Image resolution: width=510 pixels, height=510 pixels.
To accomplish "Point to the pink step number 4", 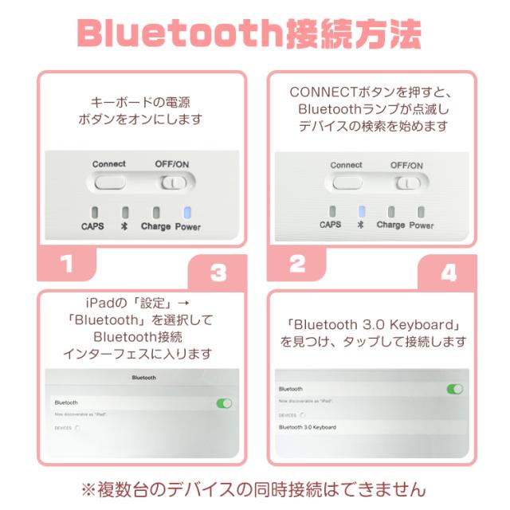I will (449, 274).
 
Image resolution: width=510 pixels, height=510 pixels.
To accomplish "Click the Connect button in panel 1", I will (108, 182).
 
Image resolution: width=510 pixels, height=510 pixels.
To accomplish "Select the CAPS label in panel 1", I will (92, 226).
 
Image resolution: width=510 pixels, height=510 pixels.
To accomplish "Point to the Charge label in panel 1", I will (156, 226).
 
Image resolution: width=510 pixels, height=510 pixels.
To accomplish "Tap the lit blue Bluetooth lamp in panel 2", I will (362, 211).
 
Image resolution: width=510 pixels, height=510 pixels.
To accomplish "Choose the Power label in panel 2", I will (422, 226).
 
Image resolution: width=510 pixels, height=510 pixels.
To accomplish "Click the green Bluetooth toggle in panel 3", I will (224, 403).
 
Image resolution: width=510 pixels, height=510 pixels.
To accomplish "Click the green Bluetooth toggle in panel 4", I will (454, 389).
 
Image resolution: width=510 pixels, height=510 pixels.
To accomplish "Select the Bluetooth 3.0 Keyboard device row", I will (308, 428).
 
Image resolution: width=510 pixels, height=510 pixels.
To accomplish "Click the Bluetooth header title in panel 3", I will (143, 378).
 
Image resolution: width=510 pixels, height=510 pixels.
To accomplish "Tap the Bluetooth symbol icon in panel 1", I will (124, 226).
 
